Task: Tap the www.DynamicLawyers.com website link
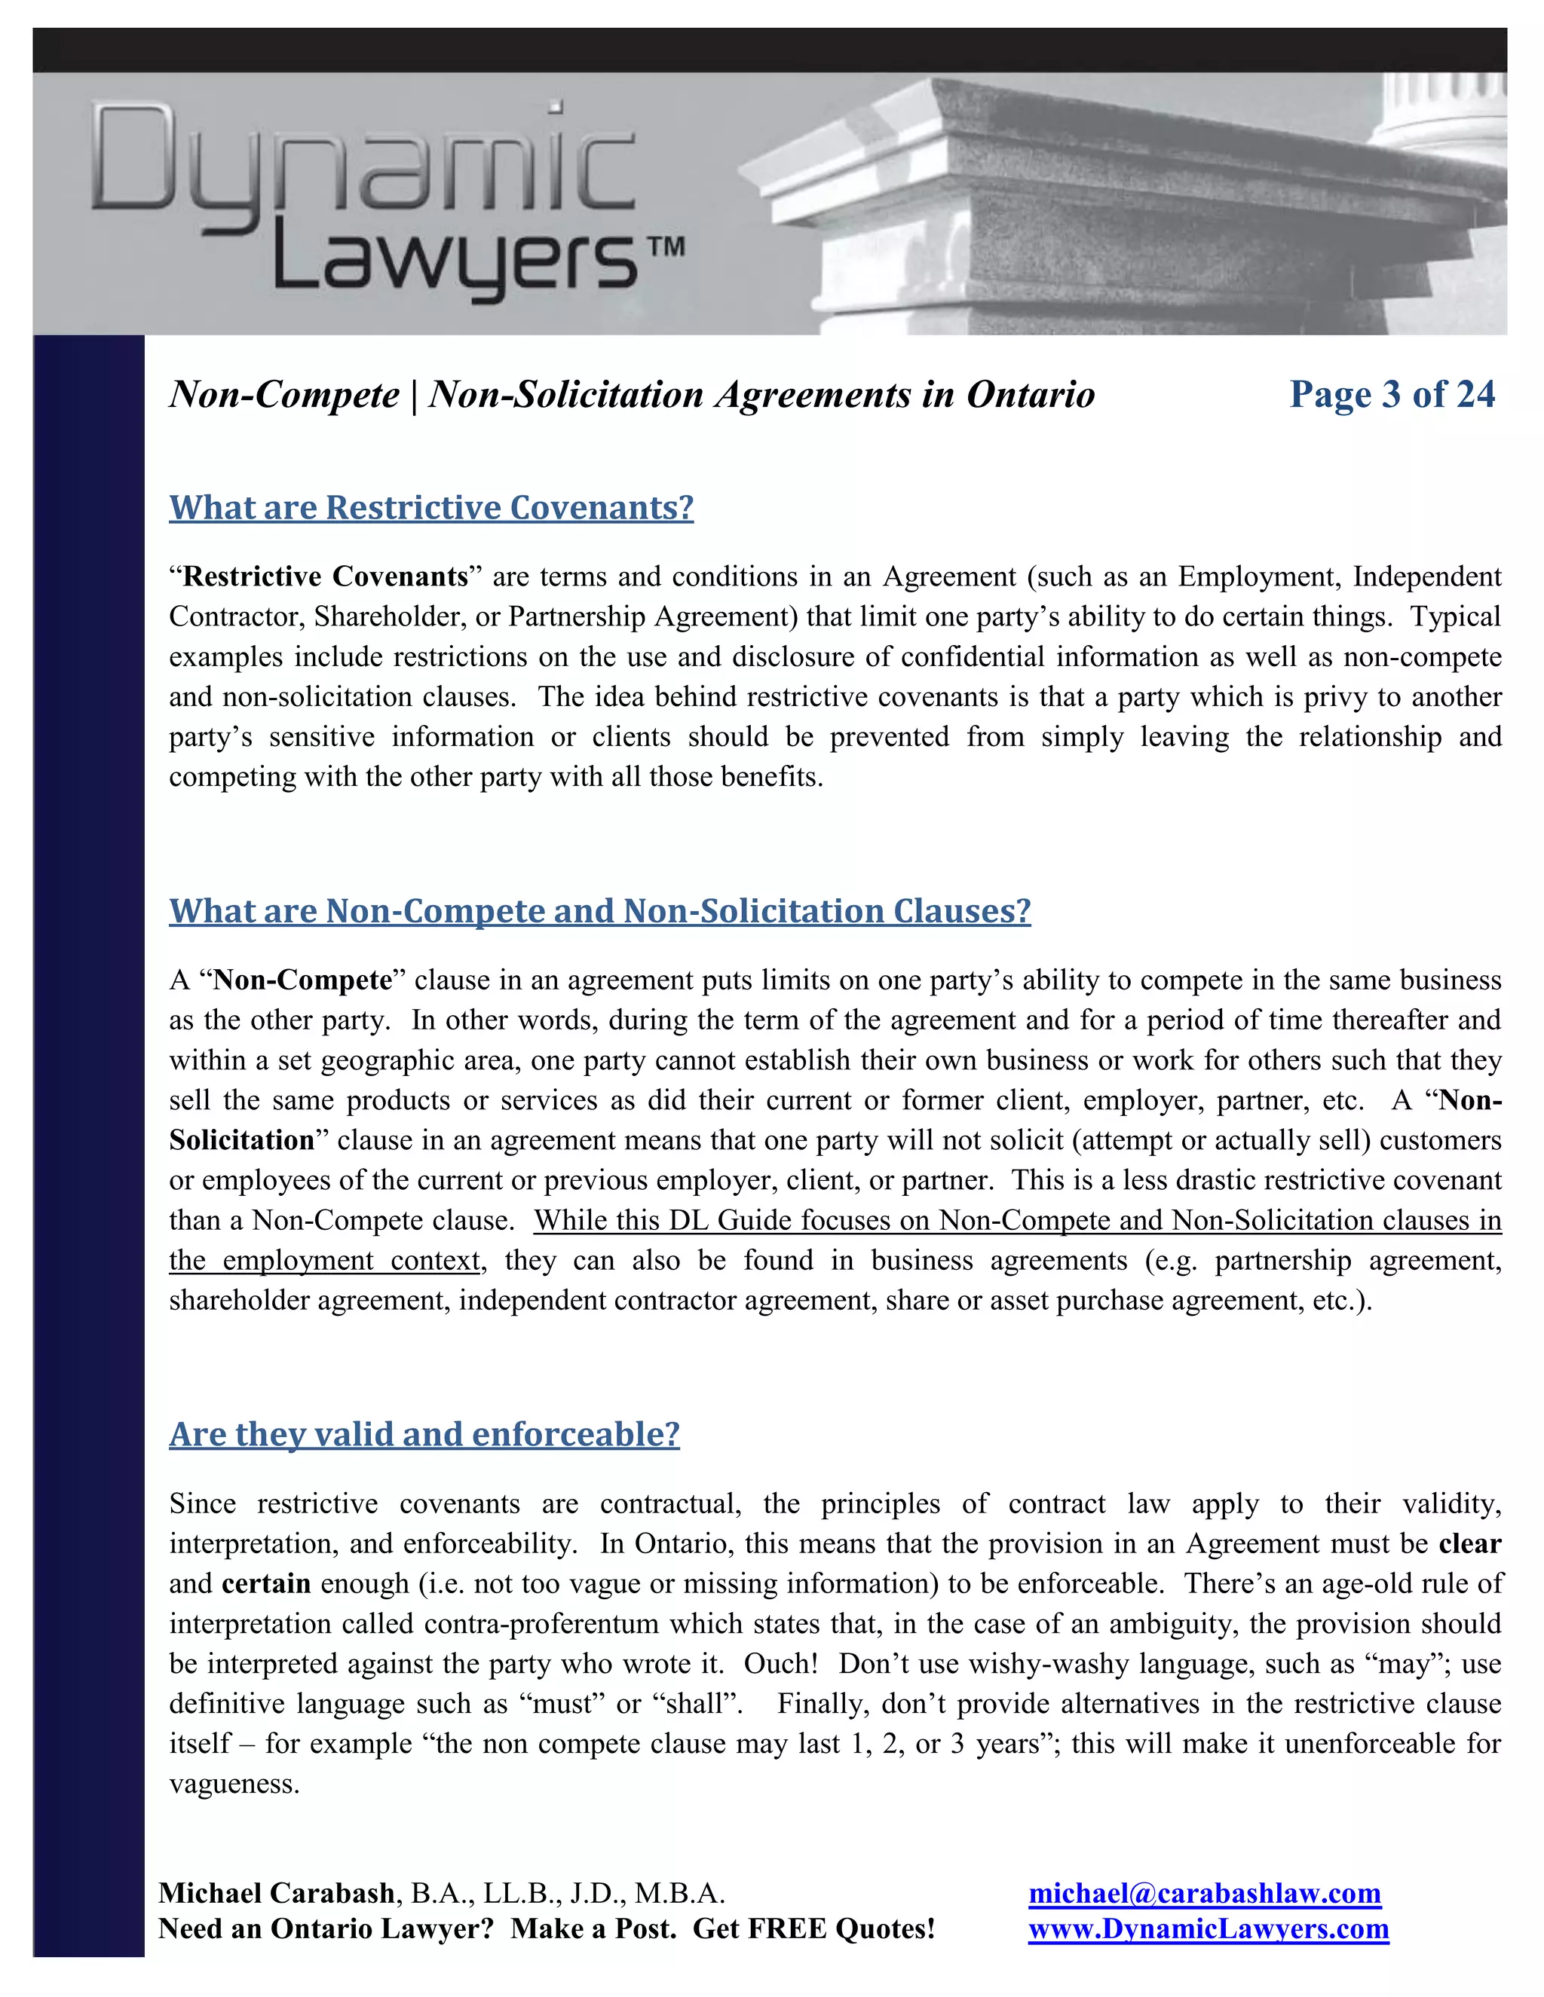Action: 1208,1928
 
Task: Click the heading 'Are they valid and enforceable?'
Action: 424,1434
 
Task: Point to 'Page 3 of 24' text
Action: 1391,394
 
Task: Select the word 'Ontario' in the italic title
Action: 1030,395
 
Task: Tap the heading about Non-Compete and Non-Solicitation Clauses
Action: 599,911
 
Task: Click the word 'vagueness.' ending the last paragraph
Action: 234,1784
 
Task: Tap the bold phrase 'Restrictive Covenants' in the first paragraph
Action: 325,577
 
